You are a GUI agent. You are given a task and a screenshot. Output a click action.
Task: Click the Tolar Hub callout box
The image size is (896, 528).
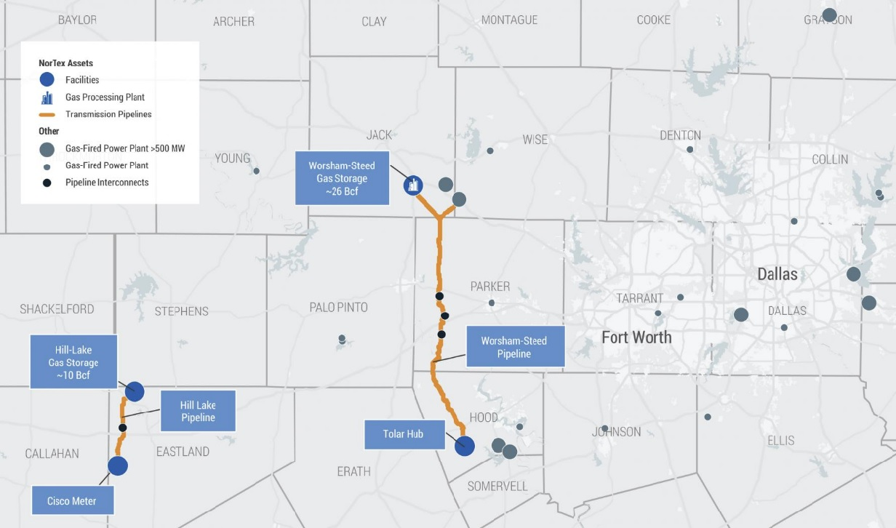(403, 434)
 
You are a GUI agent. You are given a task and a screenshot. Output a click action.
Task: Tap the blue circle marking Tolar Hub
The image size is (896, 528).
(465, 446)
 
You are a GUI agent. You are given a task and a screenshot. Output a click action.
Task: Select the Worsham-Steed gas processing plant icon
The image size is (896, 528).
(413, 185)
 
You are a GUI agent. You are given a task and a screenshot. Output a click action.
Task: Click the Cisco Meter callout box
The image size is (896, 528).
(72, 501)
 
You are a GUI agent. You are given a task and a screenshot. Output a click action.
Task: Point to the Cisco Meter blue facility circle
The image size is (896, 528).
(118, 465)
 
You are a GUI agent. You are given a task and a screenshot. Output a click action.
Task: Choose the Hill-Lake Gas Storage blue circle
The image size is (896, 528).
(135, 391)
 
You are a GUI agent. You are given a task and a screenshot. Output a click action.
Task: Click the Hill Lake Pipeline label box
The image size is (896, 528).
(198, 412)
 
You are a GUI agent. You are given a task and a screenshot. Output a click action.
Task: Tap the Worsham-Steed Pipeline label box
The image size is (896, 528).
(515, 347)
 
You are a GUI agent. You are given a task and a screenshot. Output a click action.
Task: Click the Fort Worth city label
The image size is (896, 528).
(636, 337)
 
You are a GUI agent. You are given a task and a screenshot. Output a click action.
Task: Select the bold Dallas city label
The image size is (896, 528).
(777, 274)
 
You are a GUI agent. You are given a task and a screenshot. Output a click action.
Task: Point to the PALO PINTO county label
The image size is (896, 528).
(338, 308)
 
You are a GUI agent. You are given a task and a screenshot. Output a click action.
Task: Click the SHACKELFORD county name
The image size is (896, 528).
(57, 309)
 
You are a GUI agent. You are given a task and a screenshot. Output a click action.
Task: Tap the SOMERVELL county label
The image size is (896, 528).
(497, 487)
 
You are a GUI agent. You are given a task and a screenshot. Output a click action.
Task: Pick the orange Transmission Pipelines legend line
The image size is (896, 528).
(47, 115)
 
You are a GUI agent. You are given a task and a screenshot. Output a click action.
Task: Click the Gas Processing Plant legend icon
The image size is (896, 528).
(47, 97)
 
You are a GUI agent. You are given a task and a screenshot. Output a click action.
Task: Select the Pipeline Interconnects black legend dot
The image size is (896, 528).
(47, 183)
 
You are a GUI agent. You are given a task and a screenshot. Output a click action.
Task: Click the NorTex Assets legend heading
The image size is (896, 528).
(65, 63)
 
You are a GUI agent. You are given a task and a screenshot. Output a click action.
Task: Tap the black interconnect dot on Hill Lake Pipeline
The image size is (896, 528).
(122, 428)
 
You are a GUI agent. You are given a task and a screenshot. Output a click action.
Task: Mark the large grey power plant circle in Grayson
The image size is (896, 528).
(829, 15)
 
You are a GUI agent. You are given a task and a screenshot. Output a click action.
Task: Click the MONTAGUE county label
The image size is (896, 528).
(509, 20)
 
